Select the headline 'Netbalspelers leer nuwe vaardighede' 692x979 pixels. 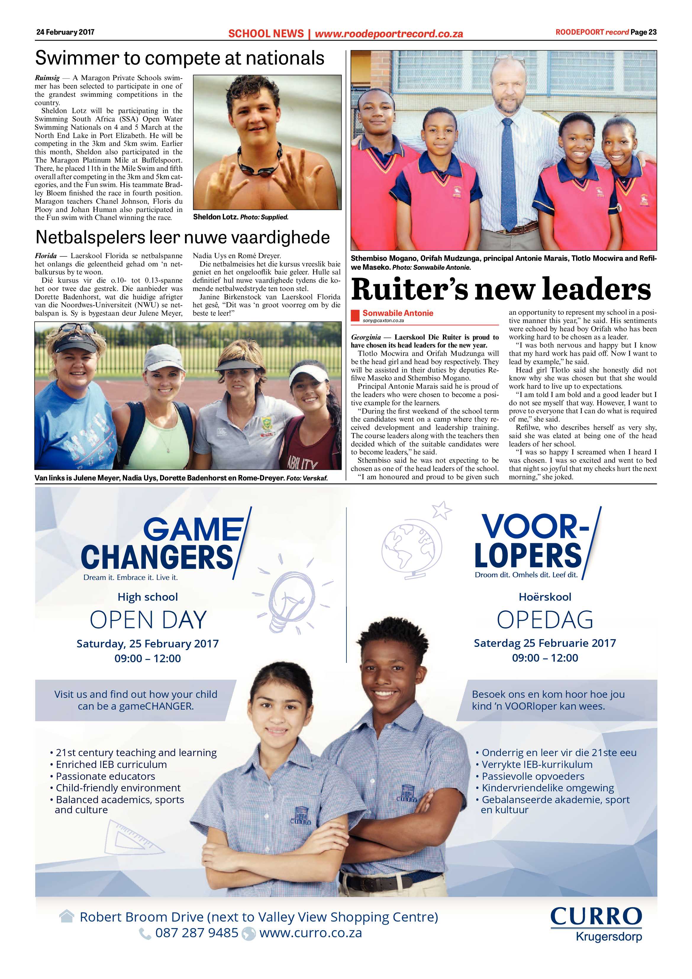point(182,237)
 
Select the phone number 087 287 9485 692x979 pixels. point(196,933)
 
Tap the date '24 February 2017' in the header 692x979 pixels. point(65,32)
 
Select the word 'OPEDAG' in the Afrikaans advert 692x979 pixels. point(545,620)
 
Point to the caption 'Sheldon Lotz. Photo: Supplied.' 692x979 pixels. point(241,217)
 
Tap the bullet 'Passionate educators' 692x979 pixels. point(105,776)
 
